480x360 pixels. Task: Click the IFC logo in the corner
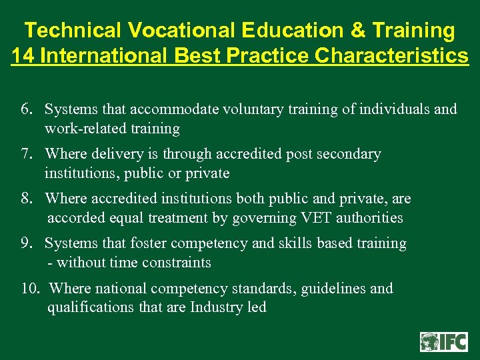click(x=443, y=341)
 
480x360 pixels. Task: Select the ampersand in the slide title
click(x=359, y=31)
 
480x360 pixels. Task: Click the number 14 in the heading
click(x=23, y=55)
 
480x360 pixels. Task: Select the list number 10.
click(x=30, y=289)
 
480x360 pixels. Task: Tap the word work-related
click(x=83, y=128)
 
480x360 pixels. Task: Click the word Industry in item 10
click(x=217, y=307)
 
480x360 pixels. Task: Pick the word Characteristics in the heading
click(x=392, y=55)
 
